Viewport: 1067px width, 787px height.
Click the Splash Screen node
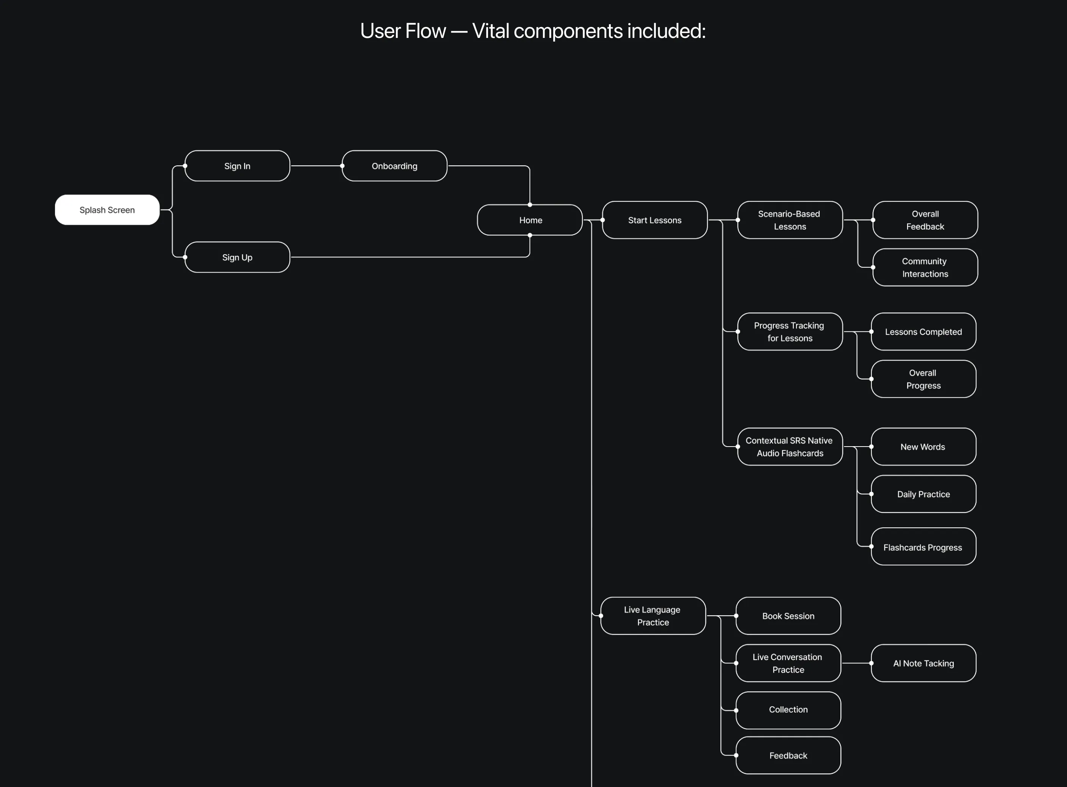pyautogui.click(x=107, y=210)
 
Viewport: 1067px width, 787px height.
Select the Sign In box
pyautogui.click(x=237, y=166)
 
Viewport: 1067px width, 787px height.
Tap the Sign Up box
pyautogui.click(x=237, y=257)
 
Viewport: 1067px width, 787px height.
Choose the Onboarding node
pyautogui.click(x=394, y=166)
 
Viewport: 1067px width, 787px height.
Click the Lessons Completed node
pyautogui.click(x=923, y=332)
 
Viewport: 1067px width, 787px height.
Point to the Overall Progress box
pyautogui.click(x=923, y=379)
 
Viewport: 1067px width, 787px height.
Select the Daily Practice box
pyautogui.click(x=923, y=494)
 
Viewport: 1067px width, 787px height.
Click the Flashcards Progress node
pyautogui.click(x=923, y=547)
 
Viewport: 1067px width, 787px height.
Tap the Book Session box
pyautogui.click(x=788, y=616)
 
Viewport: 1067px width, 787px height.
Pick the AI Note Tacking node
pyautogui.click(x=923, y=663)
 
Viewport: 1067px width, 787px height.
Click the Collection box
pyautogui.click(x=788, y=710)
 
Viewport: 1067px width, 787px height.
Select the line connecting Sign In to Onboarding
pyautogui.click(x=316, y=166)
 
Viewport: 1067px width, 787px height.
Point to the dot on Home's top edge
pyautogui.click(x=530, y=205)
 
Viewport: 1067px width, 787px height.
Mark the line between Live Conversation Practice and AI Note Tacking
pyautogui.click(x=856, y=663)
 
